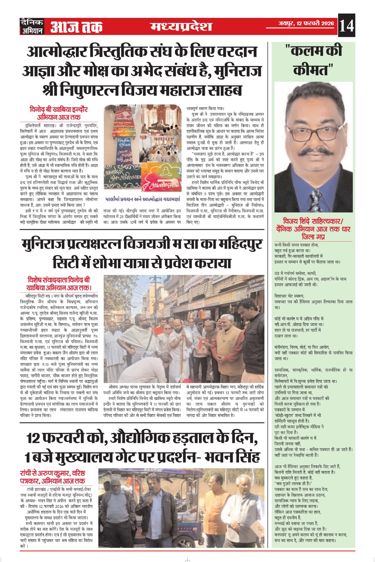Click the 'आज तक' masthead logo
tap(76, 27)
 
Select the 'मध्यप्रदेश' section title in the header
tap(181, 26)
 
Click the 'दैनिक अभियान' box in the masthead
tap(32, 26)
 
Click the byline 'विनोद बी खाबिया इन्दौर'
tap(59, 109)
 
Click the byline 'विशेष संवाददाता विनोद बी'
tap(59, 280)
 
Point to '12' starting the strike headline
tap(33, 438)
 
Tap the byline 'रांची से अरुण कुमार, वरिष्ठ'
tap(53, 473)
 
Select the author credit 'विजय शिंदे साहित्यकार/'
tap(313, 221)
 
